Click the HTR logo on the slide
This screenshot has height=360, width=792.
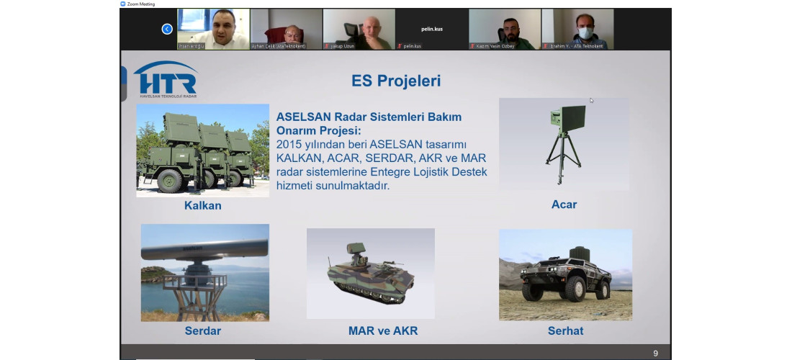[165, 78]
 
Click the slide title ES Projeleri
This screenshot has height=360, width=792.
[395, 80]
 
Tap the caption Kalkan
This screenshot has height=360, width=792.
[202, 206]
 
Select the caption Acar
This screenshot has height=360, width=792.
[564, 204]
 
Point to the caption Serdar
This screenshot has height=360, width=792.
[202, 331]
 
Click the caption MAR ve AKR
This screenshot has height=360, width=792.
[382, 331]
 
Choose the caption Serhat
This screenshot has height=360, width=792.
[565, 331]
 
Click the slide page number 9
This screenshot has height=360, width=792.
[655, 353]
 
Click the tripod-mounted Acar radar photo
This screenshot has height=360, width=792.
[563, 143]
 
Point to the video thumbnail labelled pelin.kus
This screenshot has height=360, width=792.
[432, 30]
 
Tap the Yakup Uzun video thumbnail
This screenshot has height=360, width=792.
[359, 30]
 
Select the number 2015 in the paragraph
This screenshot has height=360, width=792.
[289, 145]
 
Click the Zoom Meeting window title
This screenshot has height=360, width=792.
[142, 4]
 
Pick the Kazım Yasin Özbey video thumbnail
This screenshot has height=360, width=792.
[505, 30]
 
